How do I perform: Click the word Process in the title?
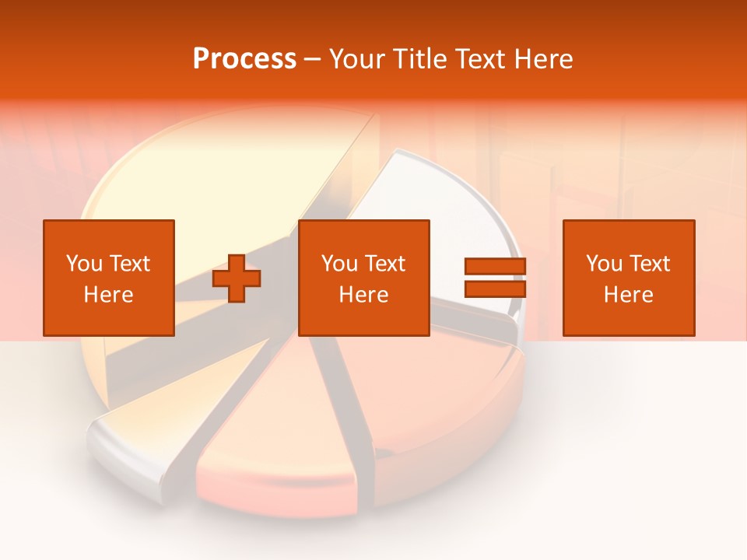coord(244,59)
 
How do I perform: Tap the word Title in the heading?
coord(421,59)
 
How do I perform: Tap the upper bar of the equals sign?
coord(495,266)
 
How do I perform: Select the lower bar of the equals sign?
coord(495,289)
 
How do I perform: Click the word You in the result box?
coord(603,264)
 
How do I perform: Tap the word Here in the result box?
coord(628,295)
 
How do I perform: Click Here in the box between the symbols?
coord(363,295)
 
